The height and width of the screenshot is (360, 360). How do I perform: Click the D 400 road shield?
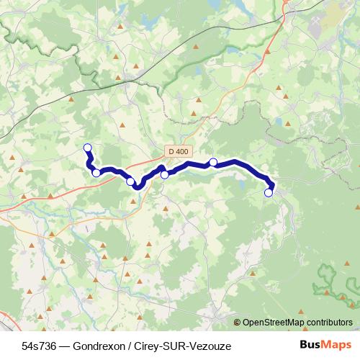(x=177, y=151)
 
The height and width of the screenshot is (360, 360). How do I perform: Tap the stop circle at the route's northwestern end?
(x=88, y=148)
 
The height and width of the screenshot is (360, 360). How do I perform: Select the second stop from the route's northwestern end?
(x=96, y=173)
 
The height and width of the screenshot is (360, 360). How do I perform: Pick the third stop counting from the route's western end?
(x=130, y=181)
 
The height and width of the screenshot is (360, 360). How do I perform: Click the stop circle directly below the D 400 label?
(x=164, y=174)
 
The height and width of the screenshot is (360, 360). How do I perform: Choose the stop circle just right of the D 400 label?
(x=213, y=162)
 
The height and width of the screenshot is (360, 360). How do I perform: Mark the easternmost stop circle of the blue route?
(x=269, y=192)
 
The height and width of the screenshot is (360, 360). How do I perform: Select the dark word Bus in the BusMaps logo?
(x=310, y=346)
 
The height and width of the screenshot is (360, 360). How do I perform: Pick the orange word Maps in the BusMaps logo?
(x=337, y=346)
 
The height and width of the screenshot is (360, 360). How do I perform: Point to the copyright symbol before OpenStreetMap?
(x=237, y=323)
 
